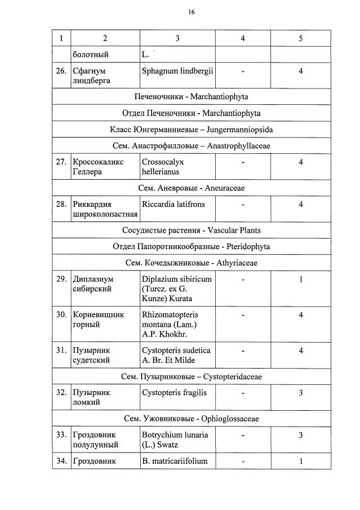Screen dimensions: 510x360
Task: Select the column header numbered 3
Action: [177, 38]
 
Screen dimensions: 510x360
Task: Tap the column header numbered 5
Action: [300, 38]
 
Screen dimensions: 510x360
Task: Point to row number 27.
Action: [61, 162]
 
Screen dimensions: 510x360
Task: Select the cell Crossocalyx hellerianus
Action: [163, 166]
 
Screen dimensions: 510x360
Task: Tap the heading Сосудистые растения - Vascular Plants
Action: [191, 230]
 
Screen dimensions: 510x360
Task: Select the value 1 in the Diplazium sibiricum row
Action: [300, 279]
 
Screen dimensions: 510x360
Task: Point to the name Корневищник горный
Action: [98, 320]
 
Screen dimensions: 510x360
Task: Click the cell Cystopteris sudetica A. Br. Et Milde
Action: [176, 355]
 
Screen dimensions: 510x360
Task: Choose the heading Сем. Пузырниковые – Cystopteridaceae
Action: [191, 376]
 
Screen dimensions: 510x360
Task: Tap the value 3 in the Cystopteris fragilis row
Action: [300, 392]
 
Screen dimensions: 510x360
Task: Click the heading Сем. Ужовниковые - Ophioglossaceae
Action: [191, 419]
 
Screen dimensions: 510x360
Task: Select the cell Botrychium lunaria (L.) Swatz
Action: [175, 440]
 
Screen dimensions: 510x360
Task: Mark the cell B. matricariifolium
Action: [175, 461]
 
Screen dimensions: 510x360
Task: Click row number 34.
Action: [61, 461]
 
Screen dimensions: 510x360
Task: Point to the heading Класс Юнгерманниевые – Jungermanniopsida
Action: [191, 129]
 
